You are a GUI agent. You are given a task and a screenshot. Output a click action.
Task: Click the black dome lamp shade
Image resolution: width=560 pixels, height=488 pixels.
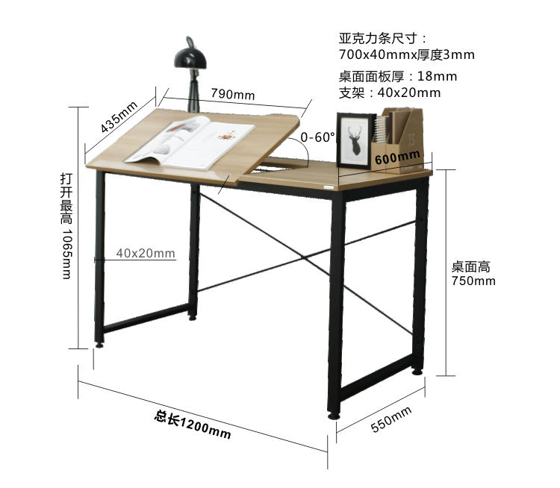pyautogui.click(x=190, y=58)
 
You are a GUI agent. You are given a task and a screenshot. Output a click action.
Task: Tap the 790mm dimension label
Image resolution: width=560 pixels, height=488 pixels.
pyautogui.click(x=233, y=94)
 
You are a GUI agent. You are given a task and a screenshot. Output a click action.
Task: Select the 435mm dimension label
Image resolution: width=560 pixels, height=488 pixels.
pyautogui.click(x=119, y=116)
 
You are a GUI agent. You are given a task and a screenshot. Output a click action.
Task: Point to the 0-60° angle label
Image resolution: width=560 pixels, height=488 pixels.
pyautogui.click(x=317, y=137)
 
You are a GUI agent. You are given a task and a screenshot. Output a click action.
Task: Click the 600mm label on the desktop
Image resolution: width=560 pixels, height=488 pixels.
pyautogui.click(x=397, y=157)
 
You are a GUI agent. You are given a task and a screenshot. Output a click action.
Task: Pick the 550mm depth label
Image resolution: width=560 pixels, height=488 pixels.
pyautogui.click(x=391, y=419)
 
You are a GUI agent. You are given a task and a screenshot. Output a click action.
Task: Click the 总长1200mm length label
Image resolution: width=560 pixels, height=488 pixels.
pyautogui.click(x=193, y=424)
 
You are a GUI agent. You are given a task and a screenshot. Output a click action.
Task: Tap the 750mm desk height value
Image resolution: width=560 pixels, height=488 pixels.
pyautogui.click(x=473, y=281)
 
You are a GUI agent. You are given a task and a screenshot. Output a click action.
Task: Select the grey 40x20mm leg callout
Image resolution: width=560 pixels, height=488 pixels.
pyautogui.click(x=146, y=253)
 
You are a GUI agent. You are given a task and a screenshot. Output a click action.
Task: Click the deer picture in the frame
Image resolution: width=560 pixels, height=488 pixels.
pyautogui.click(x=354, y=141)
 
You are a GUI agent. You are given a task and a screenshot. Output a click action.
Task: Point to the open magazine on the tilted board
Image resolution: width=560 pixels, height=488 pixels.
pyautogui.click(x=190, y=143)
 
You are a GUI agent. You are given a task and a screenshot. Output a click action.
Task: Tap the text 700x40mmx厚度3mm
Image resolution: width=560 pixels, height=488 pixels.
pyautogui.click(x=407, y=54)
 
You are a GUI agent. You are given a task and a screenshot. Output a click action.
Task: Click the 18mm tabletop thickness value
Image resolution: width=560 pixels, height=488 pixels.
pyautogui.click(x=437, y=76)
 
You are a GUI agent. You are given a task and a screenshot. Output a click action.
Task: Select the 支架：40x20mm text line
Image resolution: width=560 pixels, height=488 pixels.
pyautogui.click(x=390, y=93)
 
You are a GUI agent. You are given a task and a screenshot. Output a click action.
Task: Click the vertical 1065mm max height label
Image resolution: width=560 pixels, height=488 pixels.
pyautogui.click(x=66, y=225)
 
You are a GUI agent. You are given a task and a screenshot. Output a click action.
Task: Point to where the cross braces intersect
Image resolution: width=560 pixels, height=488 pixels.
pyautogui.click(x=303, y=257)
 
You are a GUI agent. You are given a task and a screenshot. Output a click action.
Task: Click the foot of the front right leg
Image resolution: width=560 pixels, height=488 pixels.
pyautogui.click(x=334, y=416)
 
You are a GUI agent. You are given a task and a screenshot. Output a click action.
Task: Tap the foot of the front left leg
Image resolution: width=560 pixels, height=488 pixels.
pyautogui.click(x=99, y=345)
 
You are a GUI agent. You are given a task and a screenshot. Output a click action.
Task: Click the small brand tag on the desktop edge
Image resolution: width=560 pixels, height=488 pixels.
pyautogui.click(x=329, y=187)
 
